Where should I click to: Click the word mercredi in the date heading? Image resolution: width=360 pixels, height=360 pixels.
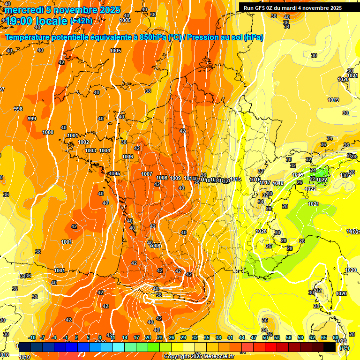25,10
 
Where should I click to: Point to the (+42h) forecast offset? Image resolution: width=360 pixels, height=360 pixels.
82,21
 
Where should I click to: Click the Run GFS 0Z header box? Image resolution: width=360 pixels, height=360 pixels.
293,7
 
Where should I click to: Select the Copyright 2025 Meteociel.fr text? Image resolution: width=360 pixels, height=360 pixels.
199,357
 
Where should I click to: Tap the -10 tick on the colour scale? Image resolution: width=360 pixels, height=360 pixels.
32,337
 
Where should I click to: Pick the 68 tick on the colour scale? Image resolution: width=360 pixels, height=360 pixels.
336,337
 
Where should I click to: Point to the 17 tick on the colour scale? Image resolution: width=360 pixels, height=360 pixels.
136,337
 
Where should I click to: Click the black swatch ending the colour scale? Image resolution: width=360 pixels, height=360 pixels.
330,347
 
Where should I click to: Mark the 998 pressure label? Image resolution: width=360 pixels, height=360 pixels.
18,109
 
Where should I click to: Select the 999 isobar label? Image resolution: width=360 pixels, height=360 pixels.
32,119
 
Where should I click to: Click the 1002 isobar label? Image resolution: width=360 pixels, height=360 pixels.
83,142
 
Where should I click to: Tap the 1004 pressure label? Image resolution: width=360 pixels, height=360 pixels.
105,150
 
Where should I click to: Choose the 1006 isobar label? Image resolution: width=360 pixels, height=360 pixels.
127,157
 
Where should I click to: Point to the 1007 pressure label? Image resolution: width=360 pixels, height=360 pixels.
147,174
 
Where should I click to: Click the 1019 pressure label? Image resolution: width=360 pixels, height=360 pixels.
333,100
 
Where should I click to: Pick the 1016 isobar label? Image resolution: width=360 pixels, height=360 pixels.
255,180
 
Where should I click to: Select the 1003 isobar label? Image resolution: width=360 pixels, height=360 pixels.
90,150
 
